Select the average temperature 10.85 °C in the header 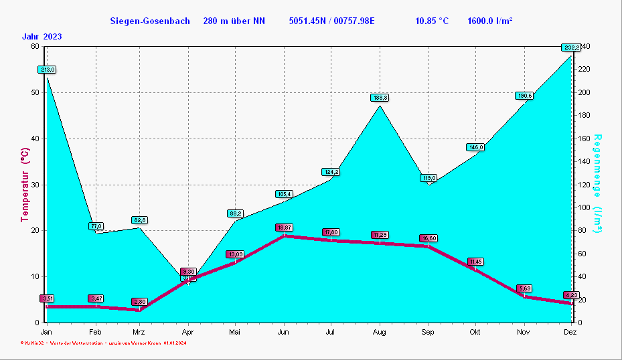(x=432, y=21)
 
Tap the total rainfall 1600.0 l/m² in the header (x=490, y=21)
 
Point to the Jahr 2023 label (x=42, y=36)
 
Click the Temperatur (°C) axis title (x=25, y=185)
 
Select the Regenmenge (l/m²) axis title (x=598, y=184)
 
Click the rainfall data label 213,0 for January (x=47, y=70)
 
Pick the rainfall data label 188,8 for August (x=380, y=98)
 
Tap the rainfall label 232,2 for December (x=571, y=48)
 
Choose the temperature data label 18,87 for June (x=284, y=228)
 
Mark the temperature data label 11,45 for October (x=476, y=262)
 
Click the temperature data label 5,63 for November (x=524, y=288)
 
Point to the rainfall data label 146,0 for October (x=475, y=147)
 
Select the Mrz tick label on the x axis (x=139, y=332)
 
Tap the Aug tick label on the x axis (x=380, y=332)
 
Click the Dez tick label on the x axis (x=570, y=332)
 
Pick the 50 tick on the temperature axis (x=35, y=92)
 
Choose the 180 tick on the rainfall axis (x=585, y=116)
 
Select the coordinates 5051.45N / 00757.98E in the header (x=331, y=21)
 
